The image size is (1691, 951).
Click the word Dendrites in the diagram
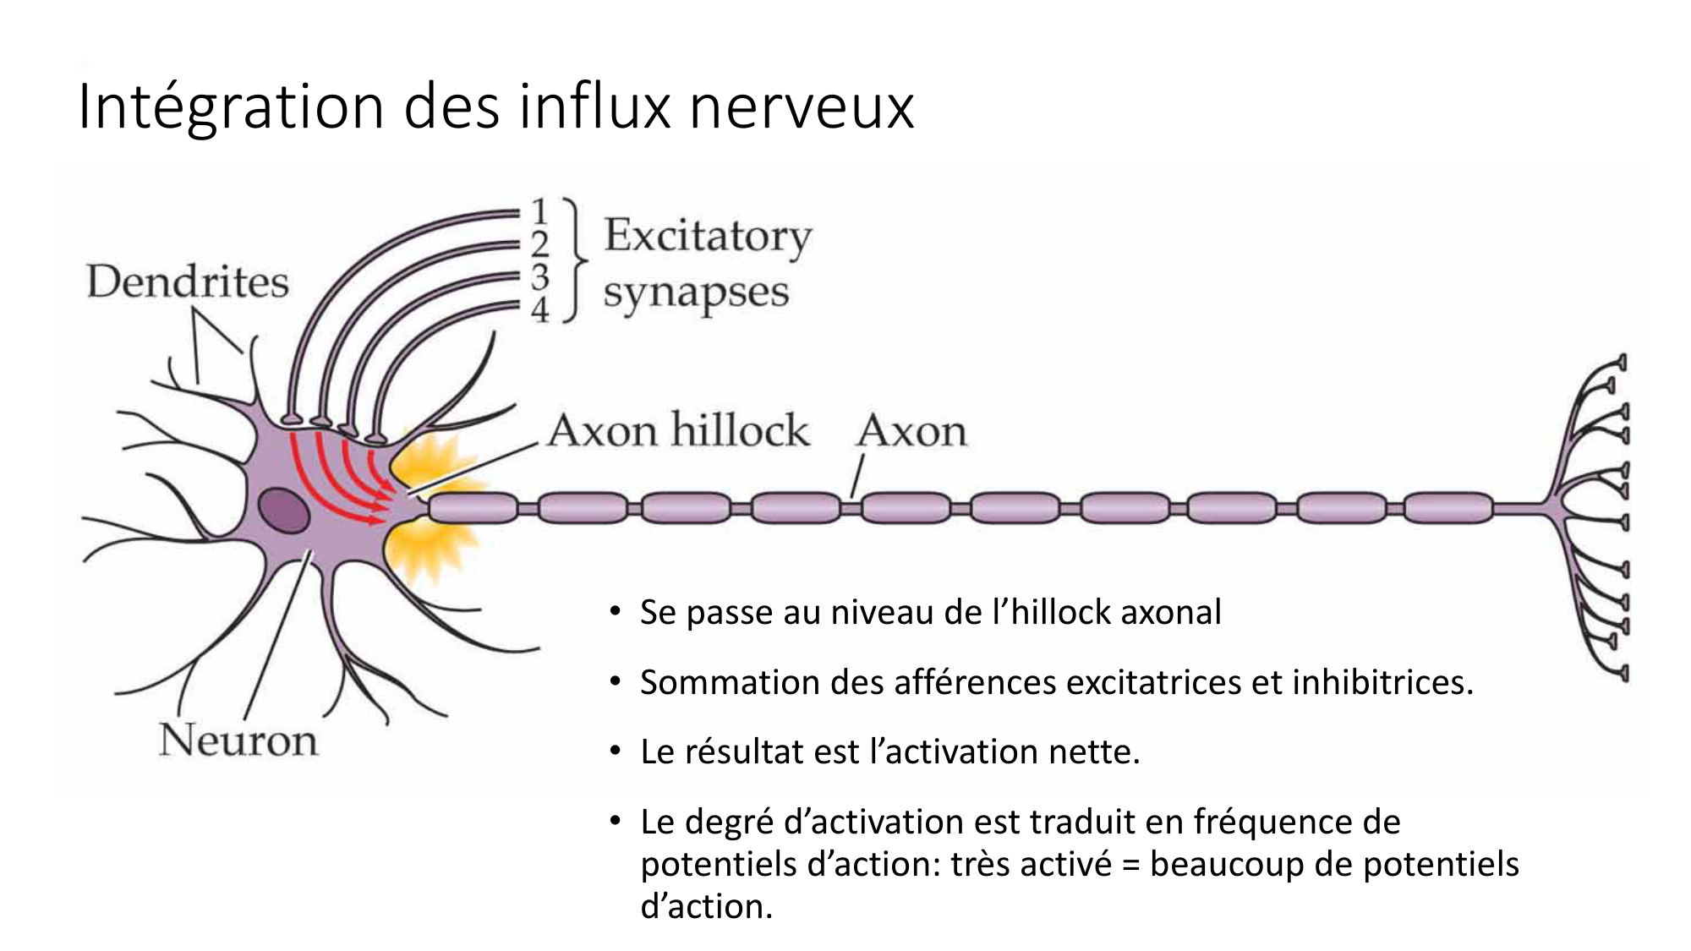click(187, 281)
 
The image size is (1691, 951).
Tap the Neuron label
click(238, 740)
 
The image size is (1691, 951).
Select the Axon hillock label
click(678, 430)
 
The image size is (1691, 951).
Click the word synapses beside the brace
click(695, 292)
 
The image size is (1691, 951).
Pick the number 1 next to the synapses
click(540, 210)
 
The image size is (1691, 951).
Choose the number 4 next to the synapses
click(540, 309)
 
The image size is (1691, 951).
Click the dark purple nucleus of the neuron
click(283, 510)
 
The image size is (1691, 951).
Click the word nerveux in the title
click(802, 107)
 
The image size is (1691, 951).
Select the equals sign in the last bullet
click(1130, 865)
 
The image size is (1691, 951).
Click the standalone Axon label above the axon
click(911, 431)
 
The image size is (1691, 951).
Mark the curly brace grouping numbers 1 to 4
click(576, 260)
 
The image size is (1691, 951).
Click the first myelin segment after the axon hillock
click(473, 507)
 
